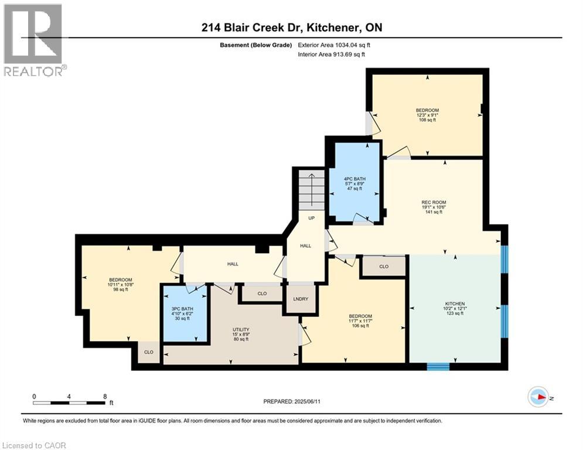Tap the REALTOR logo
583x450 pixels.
point(33,39)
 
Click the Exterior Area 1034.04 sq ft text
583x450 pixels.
point(334,45)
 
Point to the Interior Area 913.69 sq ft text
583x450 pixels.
point(332,54)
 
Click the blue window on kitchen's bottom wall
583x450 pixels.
point(437,367)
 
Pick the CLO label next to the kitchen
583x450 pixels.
point(384,267)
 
